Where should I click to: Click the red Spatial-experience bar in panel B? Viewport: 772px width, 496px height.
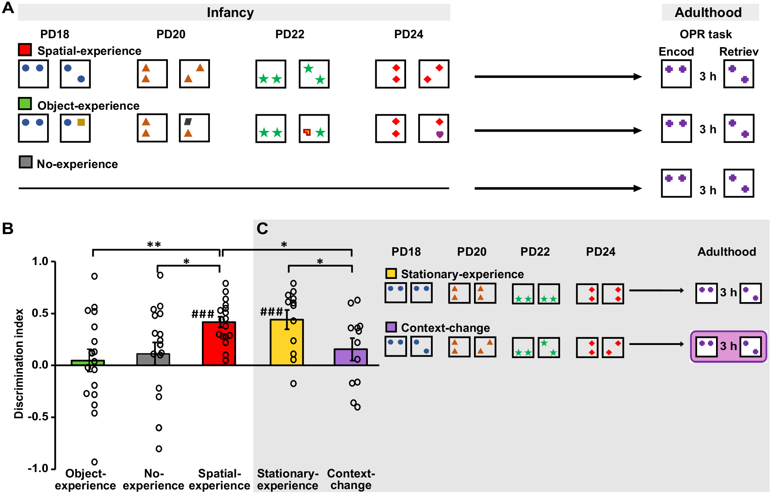(x=219, y=344)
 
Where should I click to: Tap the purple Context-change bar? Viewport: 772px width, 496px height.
(x=350, y=357)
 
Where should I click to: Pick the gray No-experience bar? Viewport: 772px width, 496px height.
(x=153, y=359)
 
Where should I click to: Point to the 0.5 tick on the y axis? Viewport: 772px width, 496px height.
(x=54, y=313)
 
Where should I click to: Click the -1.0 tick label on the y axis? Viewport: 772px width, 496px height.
(x=38, y=469)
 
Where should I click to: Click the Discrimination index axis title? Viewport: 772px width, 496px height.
(x=19, y=364)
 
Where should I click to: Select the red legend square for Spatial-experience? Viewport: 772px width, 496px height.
(x=25, y=50)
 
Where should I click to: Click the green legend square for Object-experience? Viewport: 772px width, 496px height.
(x=25, y=104)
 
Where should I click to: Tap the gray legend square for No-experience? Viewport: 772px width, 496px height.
(x=25, y=162)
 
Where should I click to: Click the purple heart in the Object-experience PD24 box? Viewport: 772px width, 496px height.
(x=440, y=134)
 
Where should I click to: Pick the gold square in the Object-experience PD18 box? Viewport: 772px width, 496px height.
(x=81, y=122)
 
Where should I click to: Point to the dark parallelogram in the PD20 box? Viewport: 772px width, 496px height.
(x=188, y=122)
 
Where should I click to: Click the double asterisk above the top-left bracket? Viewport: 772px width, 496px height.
(x=154, y=245)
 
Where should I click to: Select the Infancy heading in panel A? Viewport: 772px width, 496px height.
(x=230, y=12)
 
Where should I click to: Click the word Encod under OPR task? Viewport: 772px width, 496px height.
(x=676, y=51)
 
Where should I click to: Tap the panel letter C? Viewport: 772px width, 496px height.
(x=262, y=228)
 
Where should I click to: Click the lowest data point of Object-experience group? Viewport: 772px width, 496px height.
(x=94, y=462)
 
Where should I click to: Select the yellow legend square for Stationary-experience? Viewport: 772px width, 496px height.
(x=391, y=273)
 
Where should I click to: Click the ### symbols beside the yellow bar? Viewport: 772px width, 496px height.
(x=272, y=312)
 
